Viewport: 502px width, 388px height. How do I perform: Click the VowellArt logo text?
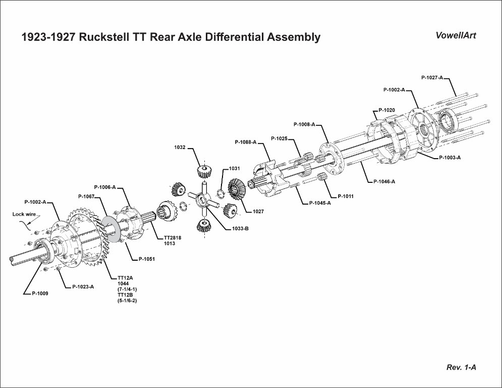(x=456, y=35)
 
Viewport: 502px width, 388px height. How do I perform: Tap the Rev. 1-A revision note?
(x=461, y=367)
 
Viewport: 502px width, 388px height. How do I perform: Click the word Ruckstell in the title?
(x=105, y=37)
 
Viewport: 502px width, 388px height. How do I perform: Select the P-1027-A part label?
(x=432, y=77)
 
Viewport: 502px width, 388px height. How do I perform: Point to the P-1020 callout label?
(x=386, y=109)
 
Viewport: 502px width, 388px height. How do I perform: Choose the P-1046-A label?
(x=384, y=181)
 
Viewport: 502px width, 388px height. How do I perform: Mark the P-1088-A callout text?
(x=245, y=142)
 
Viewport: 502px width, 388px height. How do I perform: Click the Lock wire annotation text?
(x=24, y=214)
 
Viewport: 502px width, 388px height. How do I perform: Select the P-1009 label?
(x=40, y=293)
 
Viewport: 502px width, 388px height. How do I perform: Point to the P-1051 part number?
(x=146, y=259)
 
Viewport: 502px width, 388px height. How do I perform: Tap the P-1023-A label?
(x=83, y=286)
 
